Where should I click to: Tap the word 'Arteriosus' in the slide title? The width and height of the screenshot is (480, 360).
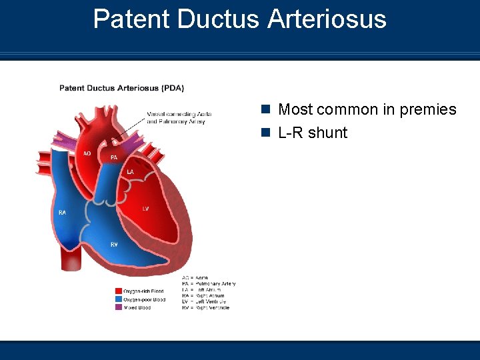[x=327, y=19]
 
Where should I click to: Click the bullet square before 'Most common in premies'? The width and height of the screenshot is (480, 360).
[x=265, y=109]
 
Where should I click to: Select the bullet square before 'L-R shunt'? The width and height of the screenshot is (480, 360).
[x=265, y=133]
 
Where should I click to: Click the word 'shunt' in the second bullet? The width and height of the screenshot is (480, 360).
[x=327, y=133]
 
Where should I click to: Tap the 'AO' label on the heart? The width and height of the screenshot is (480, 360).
[x=87, y=153]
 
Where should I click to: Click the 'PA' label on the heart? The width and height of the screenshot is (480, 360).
[x=114, y=157]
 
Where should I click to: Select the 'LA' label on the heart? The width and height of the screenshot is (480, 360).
[x=131, y=172]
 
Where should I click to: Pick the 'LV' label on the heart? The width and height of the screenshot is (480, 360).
[x=145, y=209]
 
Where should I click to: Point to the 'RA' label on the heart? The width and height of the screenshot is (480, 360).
[x=62, y=213]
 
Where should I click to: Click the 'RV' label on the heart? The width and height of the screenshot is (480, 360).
[x=114, y=245]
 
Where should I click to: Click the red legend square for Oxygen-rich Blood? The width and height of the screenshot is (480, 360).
[x=118, y=291]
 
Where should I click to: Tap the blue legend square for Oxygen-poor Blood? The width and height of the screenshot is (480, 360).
[x=118, y=299]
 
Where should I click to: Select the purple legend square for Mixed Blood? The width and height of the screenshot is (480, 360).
[x=118, y=307]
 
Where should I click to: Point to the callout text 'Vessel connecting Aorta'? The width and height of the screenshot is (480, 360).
[x=179, y=114]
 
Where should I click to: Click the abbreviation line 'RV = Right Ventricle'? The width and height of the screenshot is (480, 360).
[x=205, y=307]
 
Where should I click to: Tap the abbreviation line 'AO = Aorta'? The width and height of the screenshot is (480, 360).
[x=195, y=277]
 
